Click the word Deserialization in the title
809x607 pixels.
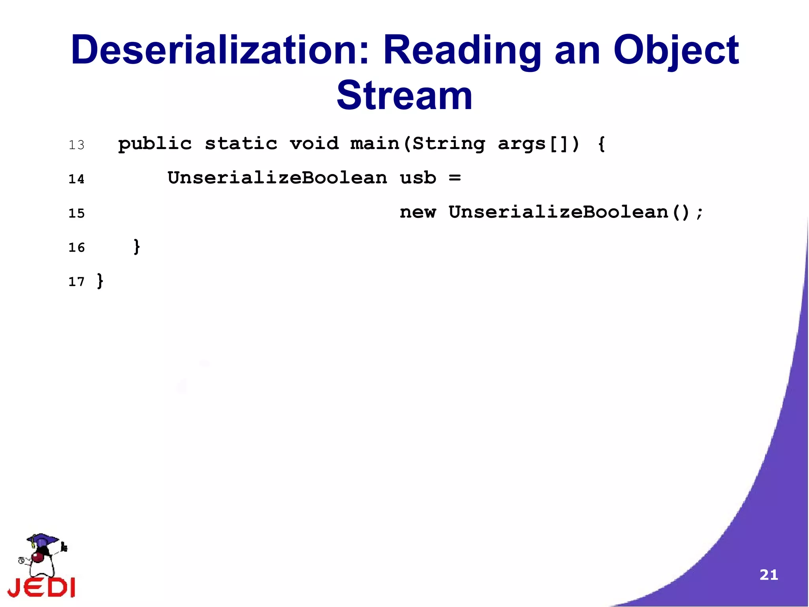pos(220,50)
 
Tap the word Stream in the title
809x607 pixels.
pos(404,96)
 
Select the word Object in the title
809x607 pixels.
pos(675,50)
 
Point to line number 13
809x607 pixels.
pos(77,145)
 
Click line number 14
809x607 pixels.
pos(77,179)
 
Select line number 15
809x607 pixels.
pos(77,214)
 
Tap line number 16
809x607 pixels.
pos(77,248)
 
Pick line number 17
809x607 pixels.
pos(77,282)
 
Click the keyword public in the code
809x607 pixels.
pos(155,144)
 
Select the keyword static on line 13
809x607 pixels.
pos(241,143)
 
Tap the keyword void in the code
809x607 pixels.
pos(314,143)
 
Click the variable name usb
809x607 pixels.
pos(418,178)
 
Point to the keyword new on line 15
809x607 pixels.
pos(418,212)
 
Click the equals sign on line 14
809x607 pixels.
pos(455,178)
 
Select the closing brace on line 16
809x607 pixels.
pos(137,247)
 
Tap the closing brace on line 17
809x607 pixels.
pos(100,281)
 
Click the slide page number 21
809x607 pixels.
pos(768,575)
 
